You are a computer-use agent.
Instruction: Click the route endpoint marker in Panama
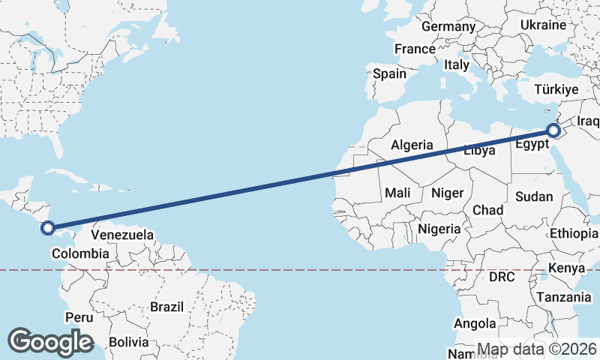pos(47,227)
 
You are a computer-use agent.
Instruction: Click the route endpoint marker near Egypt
pos(553,130)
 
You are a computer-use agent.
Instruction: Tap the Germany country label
pos(448,27)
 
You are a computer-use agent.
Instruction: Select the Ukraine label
pos(543,25)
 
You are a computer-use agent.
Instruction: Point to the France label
pos(415,49)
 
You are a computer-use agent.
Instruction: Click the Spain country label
pos(389,73)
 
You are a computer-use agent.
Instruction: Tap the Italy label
pos(456,65)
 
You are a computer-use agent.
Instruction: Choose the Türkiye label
pos(556,90)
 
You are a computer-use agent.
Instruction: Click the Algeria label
pos(412,145)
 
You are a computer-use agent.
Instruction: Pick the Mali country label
pos(398,193)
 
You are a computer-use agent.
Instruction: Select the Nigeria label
pos(438,228)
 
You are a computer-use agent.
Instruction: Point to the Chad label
pos(487,210)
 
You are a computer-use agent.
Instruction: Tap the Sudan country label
pos(534,197)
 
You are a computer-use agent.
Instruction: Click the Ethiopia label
pos(574,233)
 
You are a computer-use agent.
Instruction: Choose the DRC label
pos(501,277)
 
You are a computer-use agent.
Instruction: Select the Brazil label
pos(166,307)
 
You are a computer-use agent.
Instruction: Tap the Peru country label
pos(79,317)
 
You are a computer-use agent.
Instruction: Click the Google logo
pos(50,342)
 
